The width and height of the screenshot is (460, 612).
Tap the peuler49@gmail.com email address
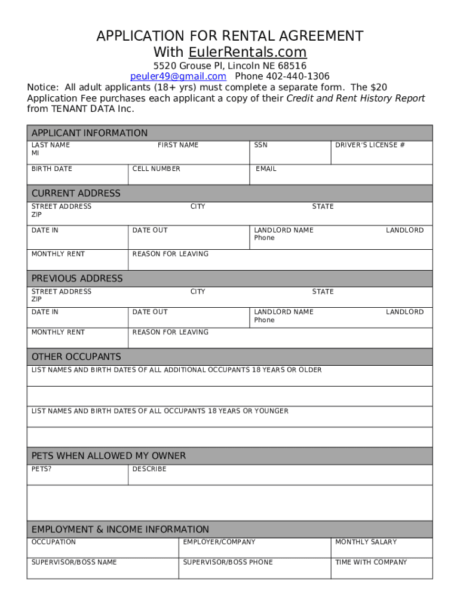coord(178,76)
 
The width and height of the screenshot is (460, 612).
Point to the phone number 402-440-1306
coord(282,76)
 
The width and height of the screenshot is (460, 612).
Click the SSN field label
coord(260,145)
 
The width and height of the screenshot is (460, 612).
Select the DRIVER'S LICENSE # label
coord(370,145)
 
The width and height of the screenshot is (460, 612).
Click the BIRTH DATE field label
coord(51,169)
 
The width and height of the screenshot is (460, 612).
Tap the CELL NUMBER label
coord(156,169)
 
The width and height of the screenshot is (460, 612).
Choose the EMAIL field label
coord(266,169)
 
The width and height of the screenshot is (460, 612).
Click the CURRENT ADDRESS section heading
coord(76,194)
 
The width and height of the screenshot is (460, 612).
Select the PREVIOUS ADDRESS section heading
coord(77,279)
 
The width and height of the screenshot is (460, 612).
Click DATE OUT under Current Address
coord(150,230)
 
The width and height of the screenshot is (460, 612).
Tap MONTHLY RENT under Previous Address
coord(58,332)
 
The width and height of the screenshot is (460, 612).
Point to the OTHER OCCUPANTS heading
coord(76,357)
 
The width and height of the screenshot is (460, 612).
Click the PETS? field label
coord(41,469)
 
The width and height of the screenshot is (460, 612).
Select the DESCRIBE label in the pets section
coord(149,469)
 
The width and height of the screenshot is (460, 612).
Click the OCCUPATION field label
coord(54,542)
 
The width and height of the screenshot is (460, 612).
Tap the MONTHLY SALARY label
coord(366,542)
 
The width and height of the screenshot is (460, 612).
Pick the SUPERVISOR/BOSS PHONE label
coord(228,562)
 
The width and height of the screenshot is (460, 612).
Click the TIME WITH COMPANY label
coord(371,562)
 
